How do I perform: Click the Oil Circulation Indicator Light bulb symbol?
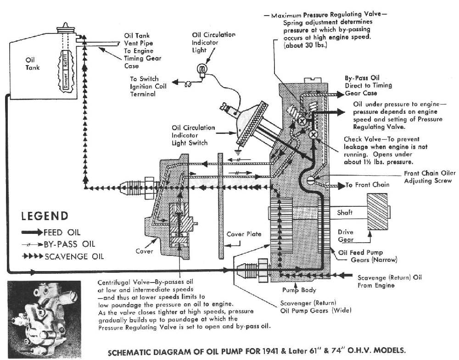(201, 69)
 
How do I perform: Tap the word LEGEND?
(45, 216)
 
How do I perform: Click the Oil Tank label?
(34, 63)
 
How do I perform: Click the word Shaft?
(345, 213)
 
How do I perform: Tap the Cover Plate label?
(244, 234)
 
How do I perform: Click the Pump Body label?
(294, 290)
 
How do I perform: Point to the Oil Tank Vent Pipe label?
(140, 50)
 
